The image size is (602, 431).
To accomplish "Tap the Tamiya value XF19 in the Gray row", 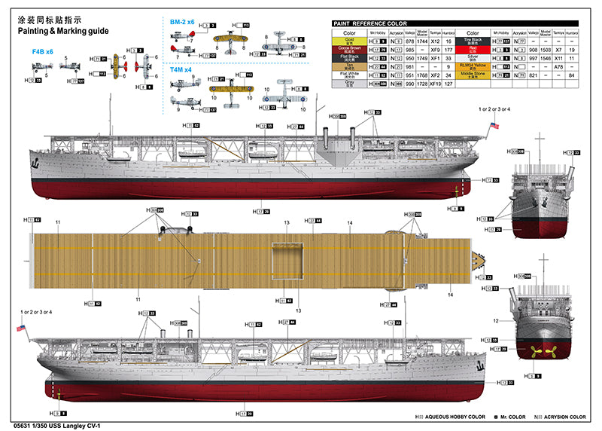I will click(x=434, y=84).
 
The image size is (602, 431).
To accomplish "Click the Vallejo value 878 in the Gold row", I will click(x=410, y=41).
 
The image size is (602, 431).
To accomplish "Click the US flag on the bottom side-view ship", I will click(x=21, y=329).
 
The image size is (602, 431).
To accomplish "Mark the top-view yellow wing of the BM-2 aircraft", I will click(x=230, y=37).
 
